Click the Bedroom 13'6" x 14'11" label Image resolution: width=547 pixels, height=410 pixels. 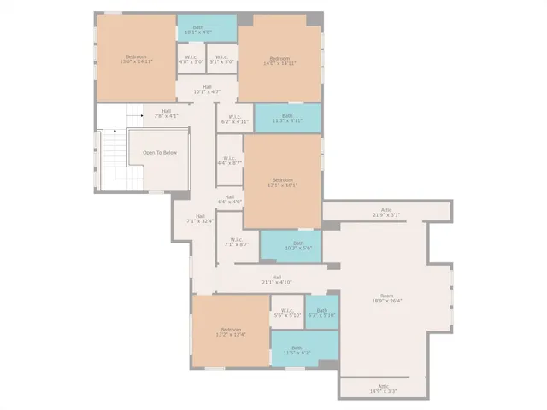136,60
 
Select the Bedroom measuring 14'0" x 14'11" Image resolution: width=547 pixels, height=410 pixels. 279,61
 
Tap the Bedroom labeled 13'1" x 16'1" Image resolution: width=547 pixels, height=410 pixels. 282,182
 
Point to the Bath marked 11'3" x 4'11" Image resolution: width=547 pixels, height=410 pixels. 287,118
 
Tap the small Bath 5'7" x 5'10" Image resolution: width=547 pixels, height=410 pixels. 322,313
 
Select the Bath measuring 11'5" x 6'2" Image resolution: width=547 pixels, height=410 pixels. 297,349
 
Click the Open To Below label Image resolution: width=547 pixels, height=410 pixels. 160,152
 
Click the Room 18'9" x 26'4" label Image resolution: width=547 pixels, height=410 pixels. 386,298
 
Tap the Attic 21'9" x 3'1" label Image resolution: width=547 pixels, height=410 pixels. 386,212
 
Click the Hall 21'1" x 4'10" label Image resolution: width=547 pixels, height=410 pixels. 277,279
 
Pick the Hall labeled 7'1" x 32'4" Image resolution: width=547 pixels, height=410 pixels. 200,219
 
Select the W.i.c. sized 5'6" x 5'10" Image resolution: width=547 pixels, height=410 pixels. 286,313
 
